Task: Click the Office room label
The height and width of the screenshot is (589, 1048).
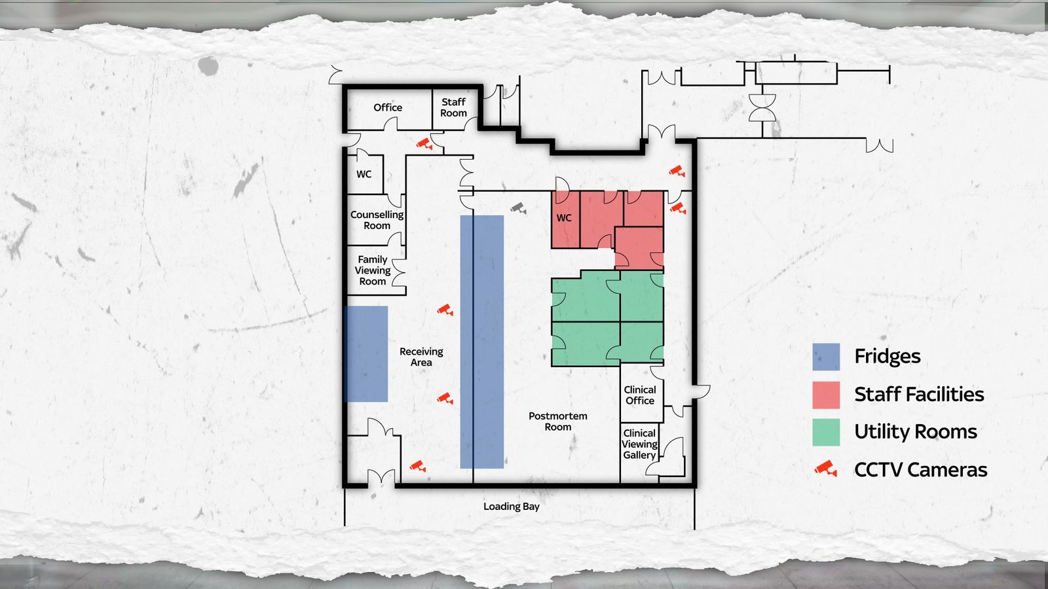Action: pyautogui.click(x=387, y=107)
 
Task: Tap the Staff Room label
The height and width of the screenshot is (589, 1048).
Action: pyautogui.click(x=453, y=107)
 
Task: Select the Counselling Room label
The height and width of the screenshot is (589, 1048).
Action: pyautogui.click(x=377, y=220)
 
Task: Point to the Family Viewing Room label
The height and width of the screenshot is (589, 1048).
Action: pyautogui.click(x=373, y=270)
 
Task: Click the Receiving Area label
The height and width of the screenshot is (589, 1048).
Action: pyautogui.click(x=421, y=357)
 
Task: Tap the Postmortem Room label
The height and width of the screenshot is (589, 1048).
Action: pyautogui.click(x=557, y=421)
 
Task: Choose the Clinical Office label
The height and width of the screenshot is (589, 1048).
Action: pyautogui.click(x=639, y=395)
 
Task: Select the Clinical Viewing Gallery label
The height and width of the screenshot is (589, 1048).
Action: pyautogui.click(x=639, y=444)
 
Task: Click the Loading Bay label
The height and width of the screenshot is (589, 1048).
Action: pyautogui.click(x=512, y=507)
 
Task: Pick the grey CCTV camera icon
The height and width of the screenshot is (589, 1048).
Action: pyautogui.click(x=518, y=208)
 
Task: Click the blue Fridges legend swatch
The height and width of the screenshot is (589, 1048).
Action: pyautogui.click(x=826, y=357)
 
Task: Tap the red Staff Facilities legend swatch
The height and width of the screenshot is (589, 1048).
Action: pyautogui.click(x=826, y=395)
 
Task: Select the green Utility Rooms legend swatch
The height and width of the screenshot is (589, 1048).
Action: pyautogui.click(x=826, y=432)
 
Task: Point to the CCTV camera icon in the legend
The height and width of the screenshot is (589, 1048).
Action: pyautogui.click(x=826, y=469)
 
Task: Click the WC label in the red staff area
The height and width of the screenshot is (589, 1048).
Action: pyautogui.click(x=564, y=218)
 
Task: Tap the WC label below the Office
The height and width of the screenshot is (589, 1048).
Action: pyautogui.click(x=364, y=174)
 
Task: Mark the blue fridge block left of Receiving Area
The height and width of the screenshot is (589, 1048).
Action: pyautogui.click(x=366, y=354)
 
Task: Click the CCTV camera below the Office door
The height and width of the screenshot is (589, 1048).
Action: pyautogui.click(x=425, y=143)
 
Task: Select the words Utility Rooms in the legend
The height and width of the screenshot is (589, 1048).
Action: pyautogui.click(x=916, y=432)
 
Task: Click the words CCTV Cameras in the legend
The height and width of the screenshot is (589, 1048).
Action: pyautogui.click(x=921, y=470)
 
